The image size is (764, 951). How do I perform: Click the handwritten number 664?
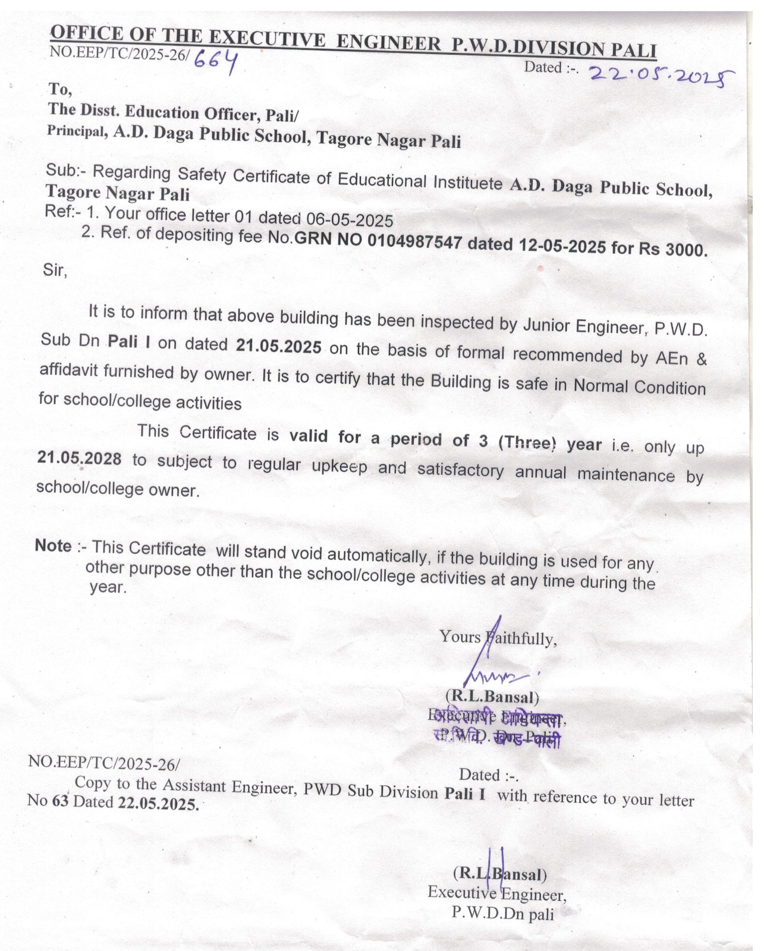coord(216,59)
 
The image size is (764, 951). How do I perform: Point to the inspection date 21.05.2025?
coord(278,346)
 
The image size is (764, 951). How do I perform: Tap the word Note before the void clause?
coord(54,546)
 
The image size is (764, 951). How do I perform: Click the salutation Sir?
coord(55,270)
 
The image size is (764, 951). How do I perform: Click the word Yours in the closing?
coord(460,637)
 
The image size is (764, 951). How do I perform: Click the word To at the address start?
coord(60,89)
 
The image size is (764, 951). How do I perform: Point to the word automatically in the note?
coord(377,555)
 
